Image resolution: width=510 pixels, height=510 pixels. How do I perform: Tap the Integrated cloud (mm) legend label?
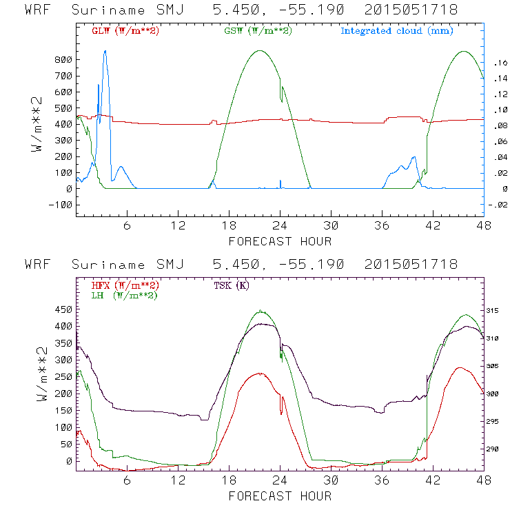click(396, 31)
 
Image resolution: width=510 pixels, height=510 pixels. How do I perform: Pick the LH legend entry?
click(123, 295)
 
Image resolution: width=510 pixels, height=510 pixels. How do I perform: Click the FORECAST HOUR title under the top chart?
click(280, 241)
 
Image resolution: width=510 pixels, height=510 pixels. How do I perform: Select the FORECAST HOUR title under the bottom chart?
click(280, 496)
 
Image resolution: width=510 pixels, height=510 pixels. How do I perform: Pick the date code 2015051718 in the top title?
click(411, 10)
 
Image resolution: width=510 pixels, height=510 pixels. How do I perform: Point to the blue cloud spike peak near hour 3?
click(105, 51)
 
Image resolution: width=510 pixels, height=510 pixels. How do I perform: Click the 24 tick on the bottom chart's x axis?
click(280, 480)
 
